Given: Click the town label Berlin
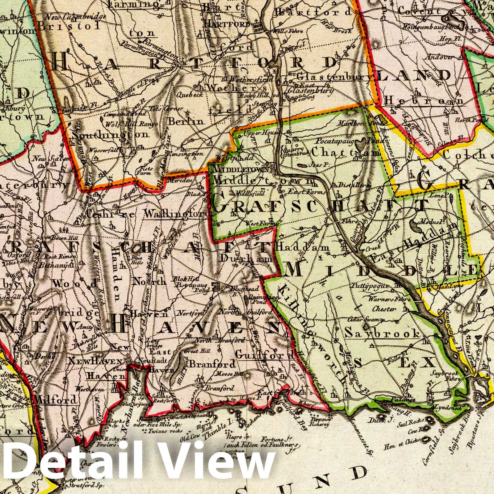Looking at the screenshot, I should click(186, 121).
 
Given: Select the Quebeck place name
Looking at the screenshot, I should click(190, 95).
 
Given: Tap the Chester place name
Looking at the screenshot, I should click(384, 309).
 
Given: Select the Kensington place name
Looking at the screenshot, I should click(186, 153).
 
